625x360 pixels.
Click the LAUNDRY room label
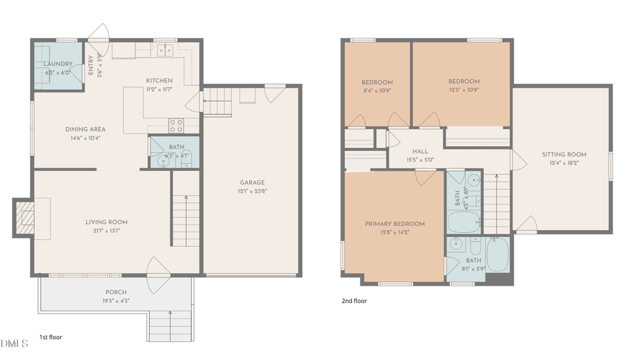(x=58, y=64)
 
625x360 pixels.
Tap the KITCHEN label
(x=159, y=80)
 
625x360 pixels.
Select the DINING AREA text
(x=85, y=129)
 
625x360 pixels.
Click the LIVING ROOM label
(x=106, y=222)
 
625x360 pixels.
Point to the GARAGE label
(x=252, y=183)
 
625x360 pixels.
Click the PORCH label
(x=116, y=292)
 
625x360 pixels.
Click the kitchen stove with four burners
(x=176, y=125)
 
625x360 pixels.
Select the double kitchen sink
(x=165, y=49)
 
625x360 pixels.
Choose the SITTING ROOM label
(x=564, y=154)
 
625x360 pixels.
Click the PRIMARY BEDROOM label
(x=395, y=224)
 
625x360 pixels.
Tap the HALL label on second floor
(x=419, y=151)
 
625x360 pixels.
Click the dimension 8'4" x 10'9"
(x=377, y=90)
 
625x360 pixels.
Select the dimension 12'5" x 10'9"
(x=463, y=90)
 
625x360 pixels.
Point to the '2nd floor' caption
(x=353, y=301)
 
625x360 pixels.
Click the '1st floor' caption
(x=50, y=337)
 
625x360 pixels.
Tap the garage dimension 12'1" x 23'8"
(x=252, y=191)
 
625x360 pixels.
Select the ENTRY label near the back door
(x=90, y=65)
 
